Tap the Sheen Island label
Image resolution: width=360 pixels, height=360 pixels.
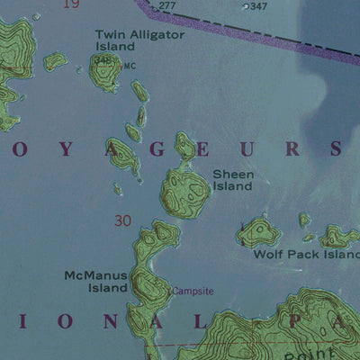tap(232, 180)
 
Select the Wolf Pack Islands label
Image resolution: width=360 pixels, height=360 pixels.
tap(306, 254)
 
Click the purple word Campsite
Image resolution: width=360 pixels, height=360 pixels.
tap(193, 292)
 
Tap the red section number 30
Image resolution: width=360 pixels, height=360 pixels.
tap(123, 220)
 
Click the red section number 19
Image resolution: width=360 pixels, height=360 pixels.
tap(72, 4)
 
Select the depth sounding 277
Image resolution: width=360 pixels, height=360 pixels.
tap(167, 6)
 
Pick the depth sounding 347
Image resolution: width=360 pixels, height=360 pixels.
tap(258, 6)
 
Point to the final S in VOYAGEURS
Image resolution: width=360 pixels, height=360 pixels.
tap(335, 148)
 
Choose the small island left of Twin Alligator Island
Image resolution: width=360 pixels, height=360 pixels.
tap(56, 61)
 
